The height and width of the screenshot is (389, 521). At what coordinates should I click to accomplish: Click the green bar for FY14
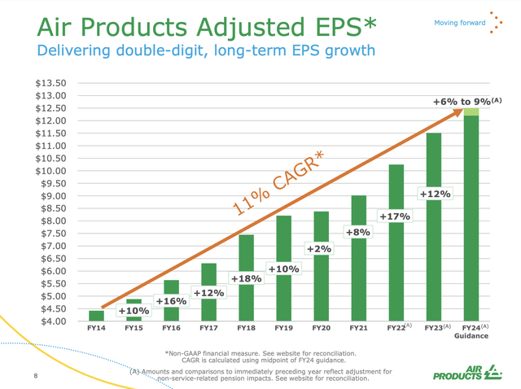tap(96, 316)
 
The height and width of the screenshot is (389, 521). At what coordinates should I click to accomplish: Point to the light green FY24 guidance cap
tap(471, 111)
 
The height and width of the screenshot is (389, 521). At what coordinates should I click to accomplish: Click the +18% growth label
tap(245, 279)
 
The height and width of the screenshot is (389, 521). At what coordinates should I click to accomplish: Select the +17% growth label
tap(395, 216)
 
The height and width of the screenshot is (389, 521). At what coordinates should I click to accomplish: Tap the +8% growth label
tap(357, 233)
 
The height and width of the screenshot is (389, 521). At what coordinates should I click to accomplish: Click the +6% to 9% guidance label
tap(466, 101)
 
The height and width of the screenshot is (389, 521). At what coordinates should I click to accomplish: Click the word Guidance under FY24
tap(471, 336)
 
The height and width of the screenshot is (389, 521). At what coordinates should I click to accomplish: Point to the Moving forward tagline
tap(459, 22)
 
